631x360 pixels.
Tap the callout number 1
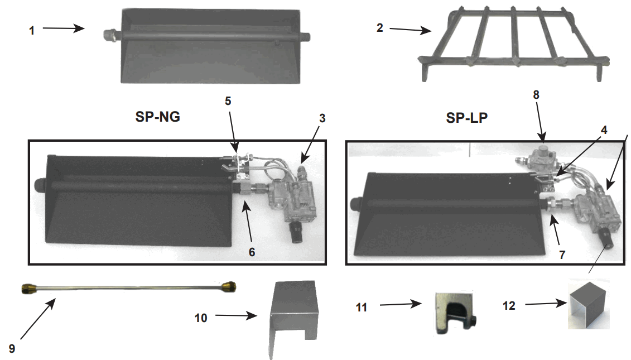[x=32, y=31]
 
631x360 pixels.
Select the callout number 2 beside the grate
[x=380, y=27]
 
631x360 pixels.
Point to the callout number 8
[x=536, y=94]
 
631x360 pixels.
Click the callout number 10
[x=201, y=318]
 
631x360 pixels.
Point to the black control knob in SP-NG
[x=296, y=233]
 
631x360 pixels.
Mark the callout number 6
[x=252, y=252]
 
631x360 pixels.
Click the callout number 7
[x=562, y=255]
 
